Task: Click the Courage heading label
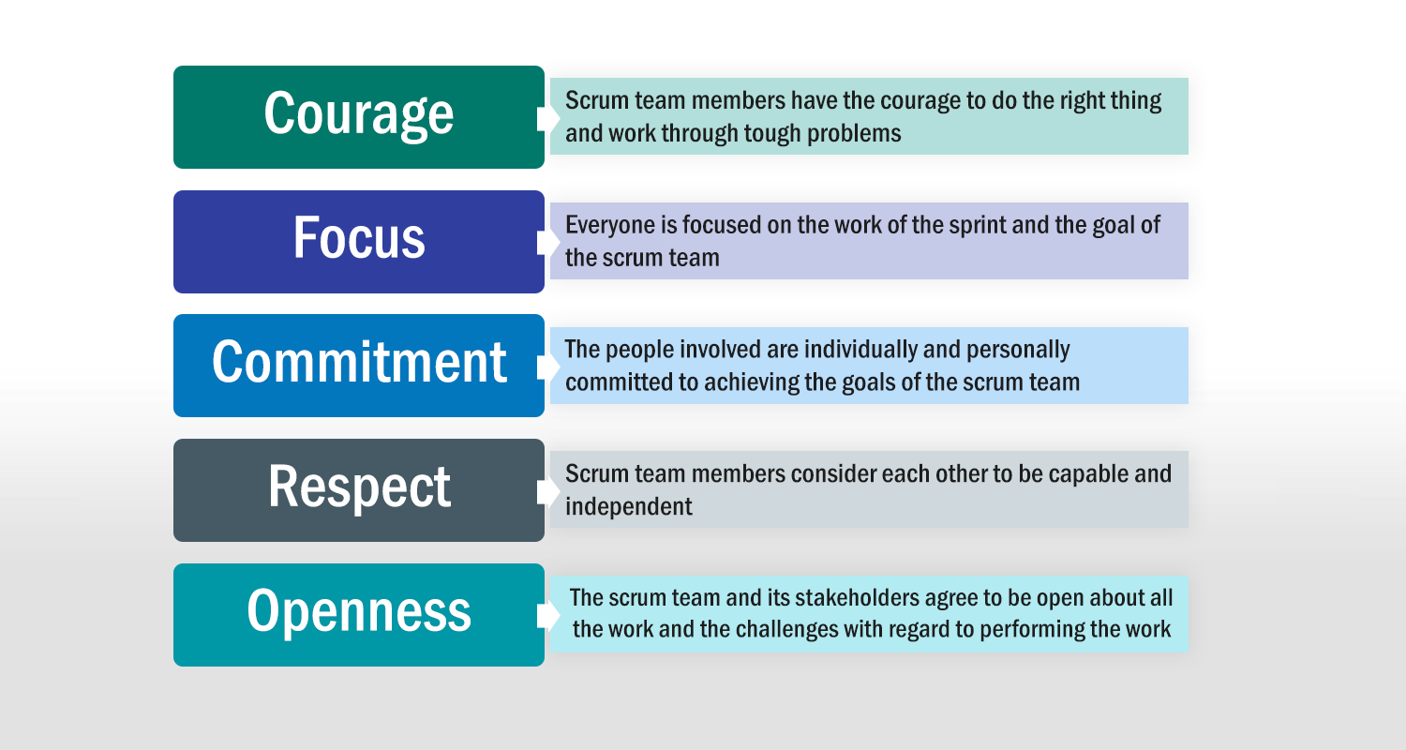358,114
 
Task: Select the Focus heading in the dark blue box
359,237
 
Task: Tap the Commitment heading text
359,362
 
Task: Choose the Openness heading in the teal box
359,611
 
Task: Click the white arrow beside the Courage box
548,118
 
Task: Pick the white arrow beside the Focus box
548,242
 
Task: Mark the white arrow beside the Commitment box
548,367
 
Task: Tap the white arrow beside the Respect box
548,491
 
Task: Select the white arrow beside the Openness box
548,616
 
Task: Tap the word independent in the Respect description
628,506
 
